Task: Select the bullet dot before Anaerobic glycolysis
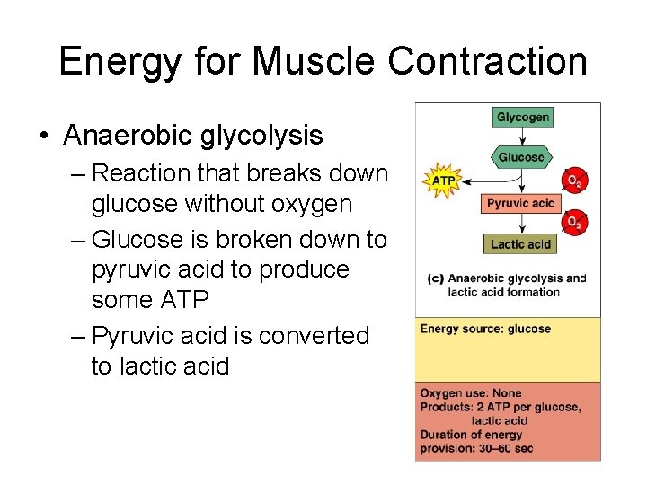pyautogui.click(x=44, y=136)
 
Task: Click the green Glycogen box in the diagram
pyautogui.click(x=523, y=117)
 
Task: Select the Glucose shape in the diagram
pyautogui.click(x=522, y=156)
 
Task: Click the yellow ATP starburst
pyautogui.click(x=444, y=181)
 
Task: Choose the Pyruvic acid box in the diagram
pyautogui.click(x=521, y=203)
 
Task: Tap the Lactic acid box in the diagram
pyautogui.click(x=521, y=243)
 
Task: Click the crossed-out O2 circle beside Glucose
pyautogui.click(x=572, y=181)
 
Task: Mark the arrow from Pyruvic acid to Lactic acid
pyautogui.click(x=521, y=223)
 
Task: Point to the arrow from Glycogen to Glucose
pyautogui.click(x=523, y=135)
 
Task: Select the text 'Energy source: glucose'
pyautogui.click(x=485, y=329)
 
